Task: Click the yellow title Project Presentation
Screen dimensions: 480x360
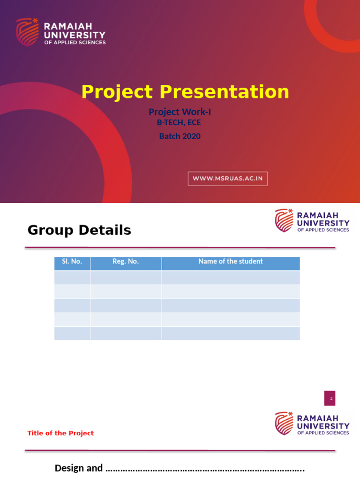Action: (185, 92)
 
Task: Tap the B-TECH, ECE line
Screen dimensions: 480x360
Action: (179, 123)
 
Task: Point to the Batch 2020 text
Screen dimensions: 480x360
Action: (180, 136)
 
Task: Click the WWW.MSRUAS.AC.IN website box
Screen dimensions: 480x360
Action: (228, 179)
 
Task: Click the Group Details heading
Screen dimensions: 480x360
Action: (79, 230)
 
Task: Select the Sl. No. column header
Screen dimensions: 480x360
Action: (72, 262)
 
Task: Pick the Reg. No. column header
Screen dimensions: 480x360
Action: (126, 262)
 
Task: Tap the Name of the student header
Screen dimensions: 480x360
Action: (231, 262)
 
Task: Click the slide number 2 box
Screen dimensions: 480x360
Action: (330, 398)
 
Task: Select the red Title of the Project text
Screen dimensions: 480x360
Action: (60, 433)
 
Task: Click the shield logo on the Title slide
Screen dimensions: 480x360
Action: (284, 423)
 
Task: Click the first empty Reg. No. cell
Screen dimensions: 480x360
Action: (126, 277)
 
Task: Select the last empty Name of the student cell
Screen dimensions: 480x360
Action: (231, 333)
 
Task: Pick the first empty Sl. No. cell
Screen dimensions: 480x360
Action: (72, 277)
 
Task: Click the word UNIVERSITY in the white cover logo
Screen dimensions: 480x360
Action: (75, 35)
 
